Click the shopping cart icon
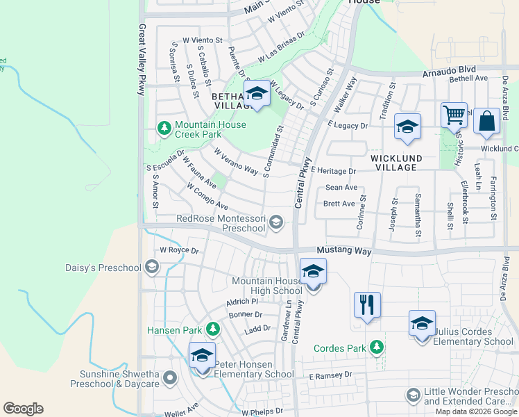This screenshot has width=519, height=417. click(x=454, y=115)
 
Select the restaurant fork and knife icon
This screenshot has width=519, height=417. click(x=367, y=304)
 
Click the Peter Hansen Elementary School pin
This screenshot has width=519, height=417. click(x=202, y=355)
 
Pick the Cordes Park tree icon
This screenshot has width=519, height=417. click(x=376, y=346)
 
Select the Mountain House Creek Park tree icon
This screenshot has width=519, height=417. click(x=164, y=128)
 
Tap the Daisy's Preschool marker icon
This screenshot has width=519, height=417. click(x=152, y=267)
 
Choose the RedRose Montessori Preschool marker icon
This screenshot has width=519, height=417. click(x=276, y=222)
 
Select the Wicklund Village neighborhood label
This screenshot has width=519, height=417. click(x=394, y=163)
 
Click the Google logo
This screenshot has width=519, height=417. click(x=23, y=408)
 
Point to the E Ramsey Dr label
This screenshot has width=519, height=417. click(x=331, y=375)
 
